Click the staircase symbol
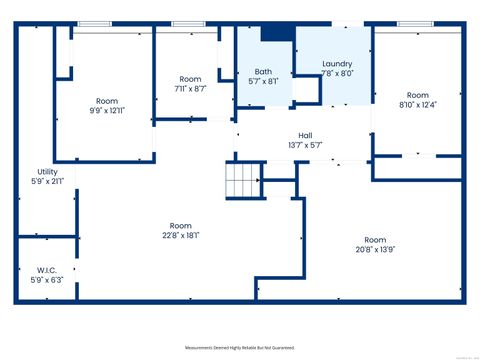point(242,183)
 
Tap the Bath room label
point(263,72)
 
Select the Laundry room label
point(337,64)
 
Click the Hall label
point(305,135)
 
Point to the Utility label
point(46,172)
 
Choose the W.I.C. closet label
point(46,270)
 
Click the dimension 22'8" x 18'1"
point(180,235)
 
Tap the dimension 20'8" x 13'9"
point(375,250)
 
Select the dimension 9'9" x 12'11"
point(106,111)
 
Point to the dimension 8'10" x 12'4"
point(390,105)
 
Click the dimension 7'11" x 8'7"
point(190,89)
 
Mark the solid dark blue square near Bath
point(274,34)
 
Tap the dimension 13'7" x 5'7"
point(305,145)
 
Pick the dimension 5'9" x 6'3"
point(46,281)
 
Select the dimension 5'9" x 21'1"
point(46,182)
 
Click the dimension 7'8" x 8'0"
point(337,74)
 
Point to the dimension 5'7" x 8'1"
point(263,82)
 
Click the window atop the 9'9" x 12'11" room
point(96,24)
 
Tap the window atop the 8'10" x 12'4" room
point(415,24)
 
